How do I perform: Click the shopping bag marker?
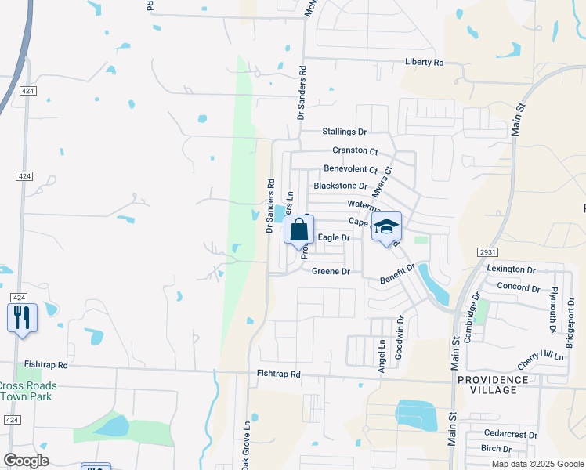298,230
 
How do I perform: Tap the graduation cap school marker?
386,227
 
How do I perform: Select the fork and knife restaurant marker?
22,317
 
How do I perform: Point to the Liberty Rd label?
425,62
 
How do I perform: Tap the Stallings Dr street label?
345,132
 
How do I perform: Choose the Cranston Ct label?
355,150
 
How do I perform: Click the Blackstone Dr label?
340,186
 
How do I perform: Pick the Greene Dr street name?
331,272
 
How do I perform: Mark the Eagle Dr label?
333,237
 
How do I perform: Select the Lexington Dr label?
510,269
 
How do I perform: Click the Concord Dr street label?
518,288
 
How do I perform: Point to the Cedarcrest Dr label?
510,434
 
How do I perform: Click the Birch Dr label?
496,449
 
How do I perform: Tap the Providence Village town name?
498,385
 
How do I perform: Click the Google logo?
26,461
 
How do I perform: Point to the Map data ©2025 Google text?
537,464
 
